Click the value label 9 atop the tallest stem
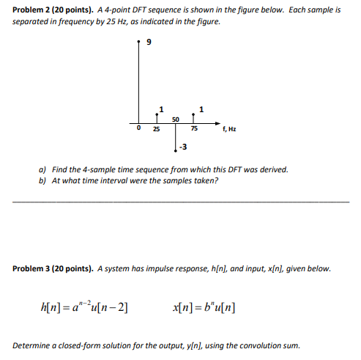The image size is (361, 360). (149, 43)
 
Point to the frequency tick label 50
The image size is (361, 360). (176, 118)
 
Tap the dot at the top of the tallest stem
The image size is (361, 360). (138, 43)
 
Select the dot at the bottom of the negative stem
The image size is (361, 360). (176, 149)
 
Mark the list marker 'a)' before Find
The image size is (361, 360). (43, 169)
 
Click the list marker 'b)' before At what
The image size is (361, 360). (43, 180)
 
